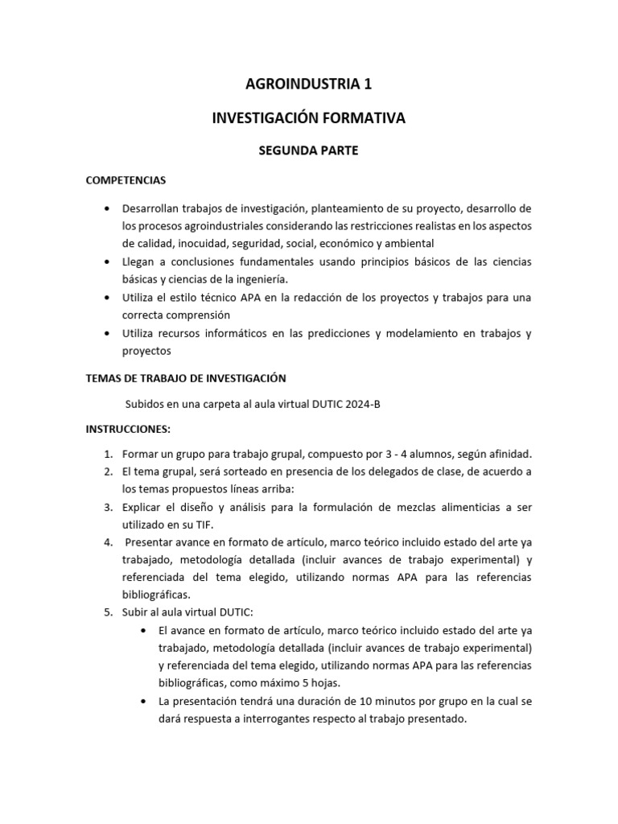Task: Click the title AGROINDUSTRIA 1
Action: (308, 83)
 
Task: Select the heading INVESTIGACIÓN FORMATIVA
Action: (308, 117)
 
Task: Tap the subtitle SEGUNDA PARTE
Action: (308, 150)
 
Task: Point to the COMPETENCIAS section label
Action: (126, 180)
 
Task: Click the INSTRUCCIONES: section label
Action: (128, 429)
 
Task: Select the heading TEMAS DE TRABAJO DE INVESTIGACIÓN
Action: (186, 377)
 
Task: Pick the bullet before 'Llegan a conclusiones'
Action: (108, 262)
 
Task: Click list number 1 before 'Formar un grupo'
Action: (108, 454)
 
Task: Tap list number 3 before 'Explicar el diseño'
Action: (108, 507)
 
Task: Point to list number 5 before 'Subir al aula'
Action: (108, 613)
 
